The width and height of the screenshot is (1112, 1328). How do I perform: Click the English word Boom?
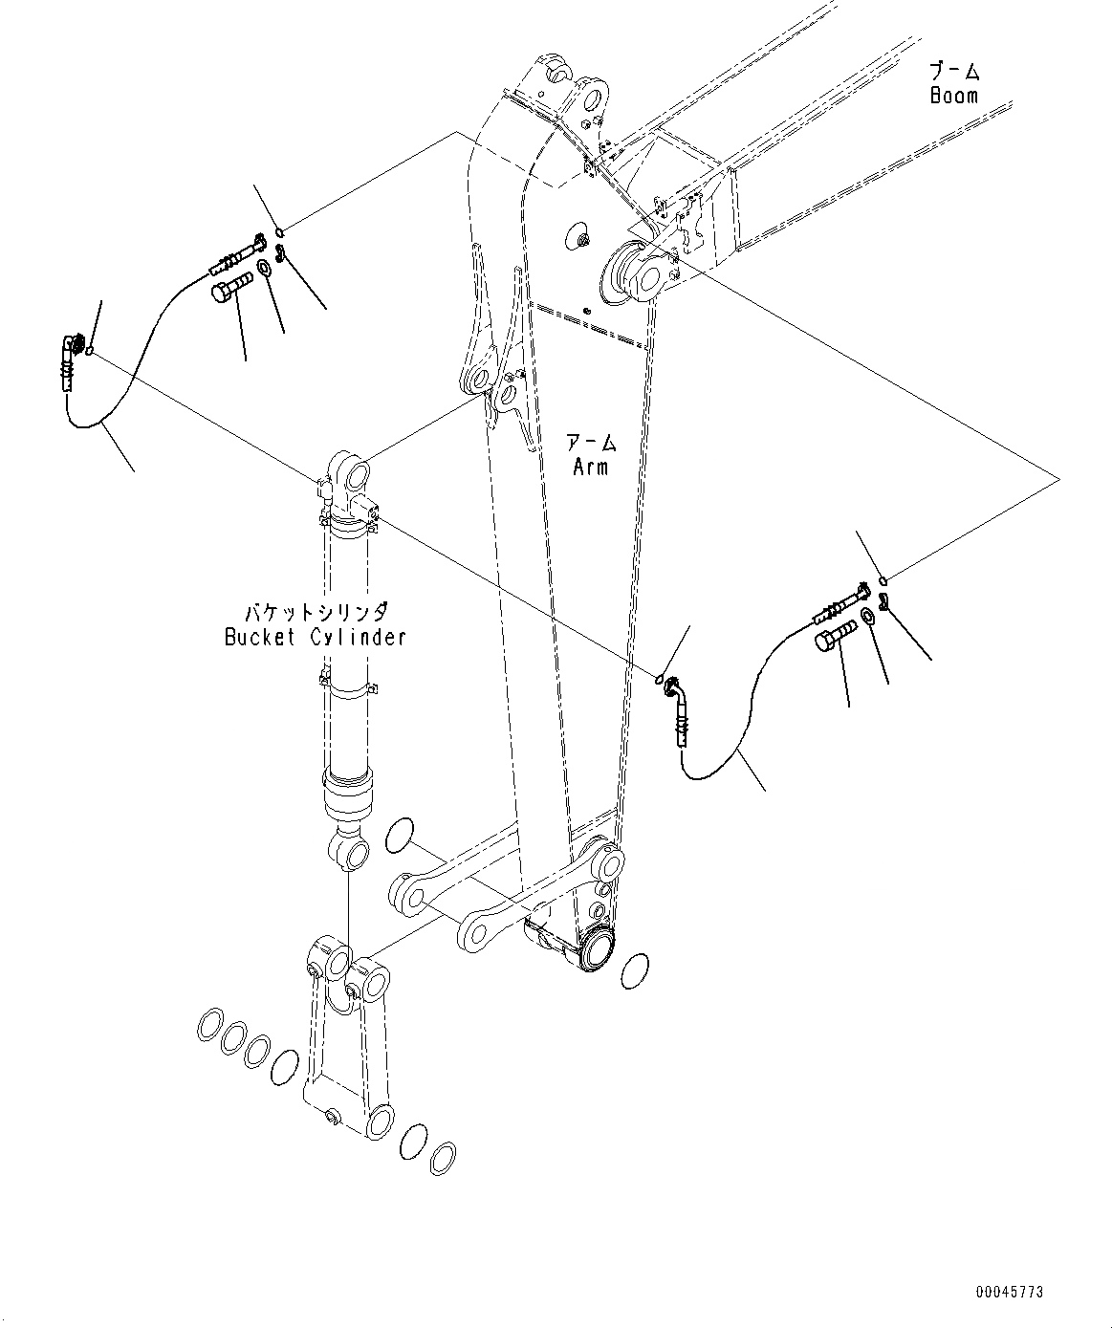coord(954,95)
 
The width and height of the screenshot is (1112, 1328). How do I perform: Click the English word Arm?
coord(590,467)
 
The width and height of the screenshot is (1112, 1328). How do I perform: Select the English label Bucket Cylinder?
coord(316,637)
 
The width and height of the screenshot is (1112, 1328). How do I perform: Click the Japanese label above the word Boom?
coord(954,71)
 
